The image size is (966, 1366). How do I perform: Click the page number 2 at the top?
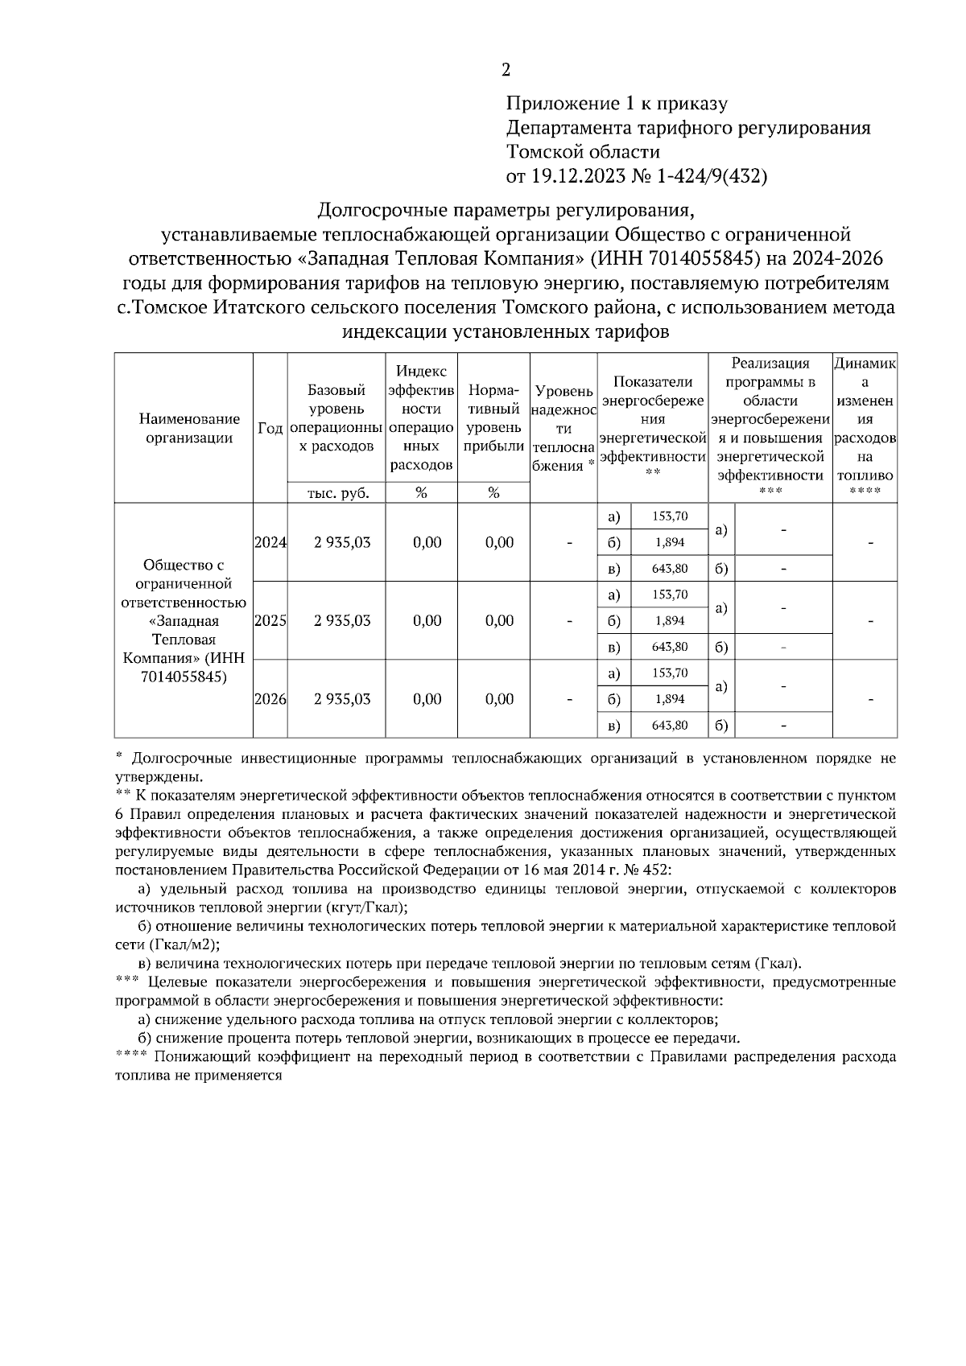click(506, 71)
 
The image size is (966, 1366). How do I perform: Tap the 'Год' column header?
click(270, 428)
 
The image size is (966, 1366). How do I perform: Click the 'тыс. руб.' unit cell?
click(336, 493)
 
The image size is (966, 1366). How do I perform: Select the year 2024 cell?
click(270, 542)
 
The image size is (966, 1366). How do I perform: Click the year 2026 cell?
click(270, 699)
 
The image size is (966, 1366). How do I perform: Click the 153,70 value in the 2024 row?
click(669, 516)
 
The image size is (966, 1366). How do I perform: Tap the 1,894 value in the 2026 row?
click(669, 699)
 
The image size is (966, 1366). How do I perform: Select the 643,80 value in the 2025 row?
click(669, 647)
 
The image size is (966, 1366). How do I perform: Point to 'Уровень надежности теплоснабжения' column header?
click(563, 428)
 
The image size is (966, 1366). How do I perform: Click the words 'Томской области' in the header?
click(583, 152)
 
